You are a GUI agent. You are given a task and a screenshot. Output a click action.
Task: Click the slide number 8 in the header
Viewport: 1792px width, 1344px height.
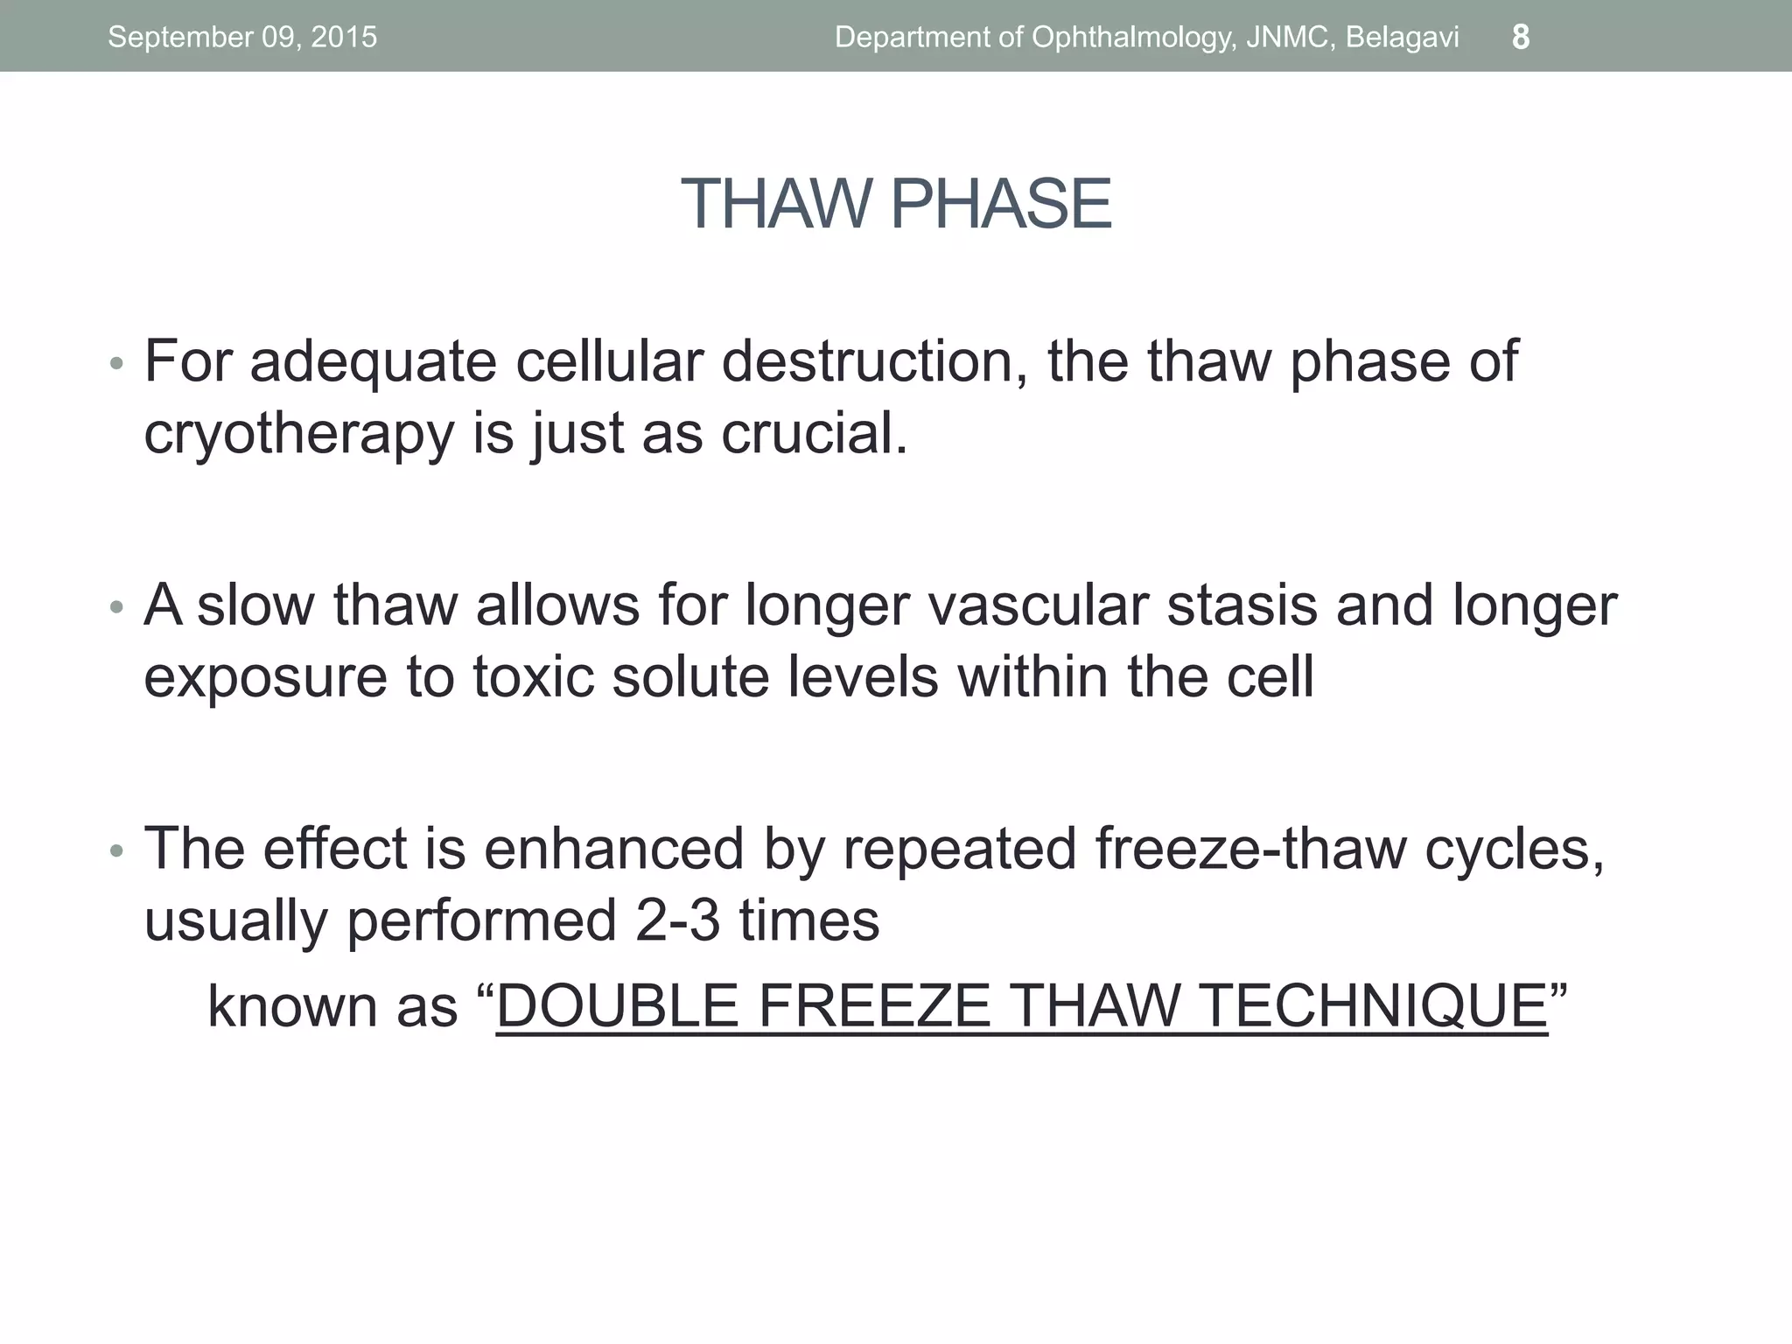[1521, 37]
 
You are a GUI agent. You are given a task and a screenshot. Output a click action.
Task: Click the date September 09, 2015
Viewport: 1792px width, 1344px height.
[242, 37]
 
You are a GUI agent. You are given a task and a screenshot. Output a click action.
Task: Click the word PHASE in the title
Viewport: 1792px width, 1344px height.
[1001, 204]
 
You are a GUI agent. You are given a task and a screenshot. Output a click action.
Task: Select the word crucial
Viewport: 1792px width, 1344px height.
[814, 432]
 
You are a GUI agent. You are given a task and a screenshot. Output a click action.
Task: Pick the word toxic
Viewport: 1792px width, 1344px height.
[533, 676]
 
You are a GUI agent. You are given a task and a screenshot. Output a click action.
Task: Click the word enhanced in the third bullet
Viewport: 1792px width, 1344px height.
[613, 848]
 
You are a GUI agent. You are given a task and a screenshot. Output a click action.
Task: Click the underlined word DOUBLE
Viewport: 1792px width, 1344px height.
[617, 1005]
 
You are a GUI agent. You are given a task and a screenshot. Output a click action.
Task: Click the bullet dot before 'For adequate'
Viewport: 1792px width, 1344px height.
[116, 363]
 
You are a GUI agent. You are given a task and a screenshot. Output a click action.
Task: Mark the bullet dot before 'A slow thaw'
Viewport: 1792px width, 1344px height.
[116, 606]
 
